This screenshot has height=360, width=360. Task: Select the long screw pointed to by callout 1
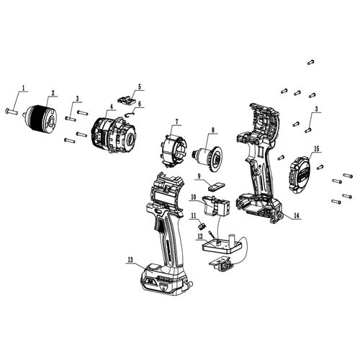tap(15, 111)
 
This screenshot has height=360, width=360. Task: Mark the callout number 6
tap(140, 103)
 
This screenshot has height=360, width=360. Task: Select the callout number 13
tap(128, 261)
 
